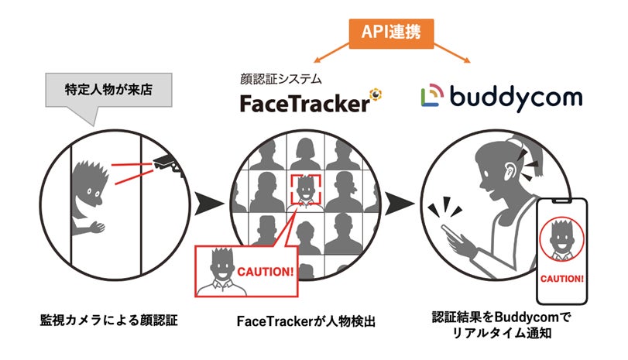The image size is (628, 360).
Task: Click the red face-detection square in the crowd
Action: coord(307,188)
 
